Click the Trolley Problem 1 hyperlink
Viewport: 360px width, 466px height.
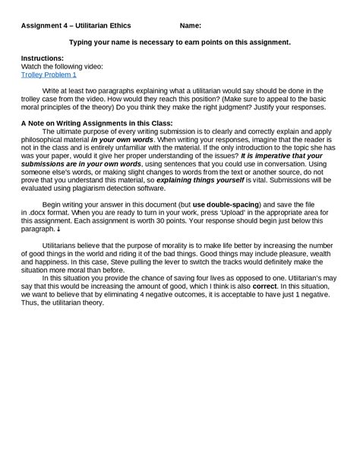point(49,74)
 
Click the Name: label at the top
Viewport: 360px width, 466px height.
point(190,25)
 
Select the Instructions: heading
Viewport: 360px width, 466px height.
point(43,58)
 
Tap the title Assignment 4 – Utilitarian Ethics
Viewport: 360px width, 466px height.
point(76,25)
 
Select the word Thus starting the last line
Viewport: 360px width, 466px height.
point(29,303)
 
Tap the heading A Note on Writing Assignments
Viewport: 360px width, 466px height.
point(96,122)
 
